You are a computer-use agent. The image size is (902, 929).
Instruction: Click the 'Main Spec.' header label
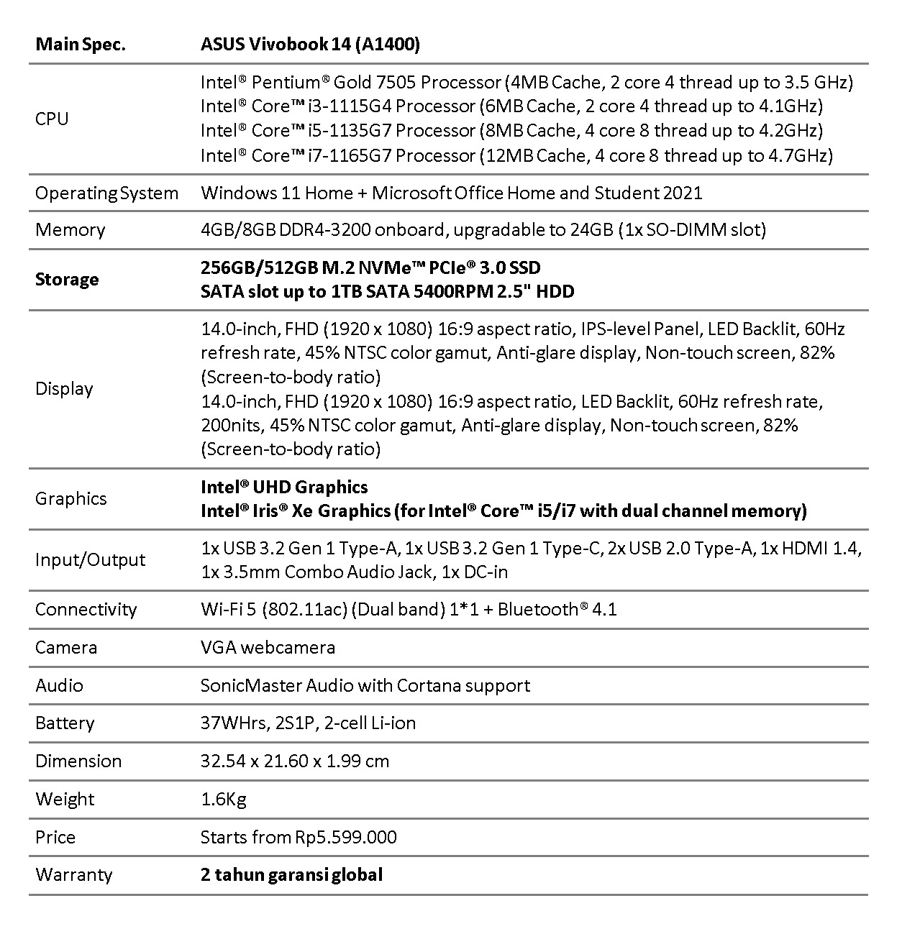(x=80, y=45)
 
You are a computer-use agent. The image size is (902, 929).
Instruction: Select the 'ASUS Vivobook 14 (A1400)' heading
(x=310, y=45)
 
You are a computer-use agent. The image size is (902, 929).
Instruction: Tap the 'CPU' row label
(x=52, y=119)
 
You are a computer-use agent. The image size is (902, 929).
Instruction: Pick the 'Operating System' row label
(x=106, y=193)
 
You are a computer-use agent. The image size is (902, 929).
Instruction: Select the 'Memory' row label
(x=70, y=230)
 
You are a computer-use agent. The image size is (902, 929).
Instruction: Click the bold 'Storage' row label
(x=67, y=280)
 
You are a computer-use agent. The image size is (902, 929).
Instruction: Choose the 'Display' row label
(x=64, y=389)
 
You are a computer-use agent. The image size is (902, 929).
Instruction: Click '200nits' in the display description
(x=231, y=426)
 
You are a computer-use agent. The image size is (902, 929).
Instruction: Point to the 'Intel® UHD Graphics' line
(x=284, y=488)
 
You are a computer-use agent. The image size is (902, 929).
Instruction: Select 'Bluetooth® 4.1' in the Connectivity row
(x=557, y=610)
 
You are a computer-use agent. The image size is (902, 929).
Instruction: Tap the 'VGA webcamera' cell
(x=268, y=648)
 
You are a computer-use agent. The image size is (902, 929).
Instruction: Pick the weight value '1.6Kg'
(x=224, y=800)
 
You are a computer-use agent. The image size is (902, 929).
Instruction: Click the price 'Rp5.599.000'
(x=345, y=838)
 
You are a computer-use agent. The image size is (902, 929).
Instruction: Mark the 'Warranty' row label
(x=73, y=875)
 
